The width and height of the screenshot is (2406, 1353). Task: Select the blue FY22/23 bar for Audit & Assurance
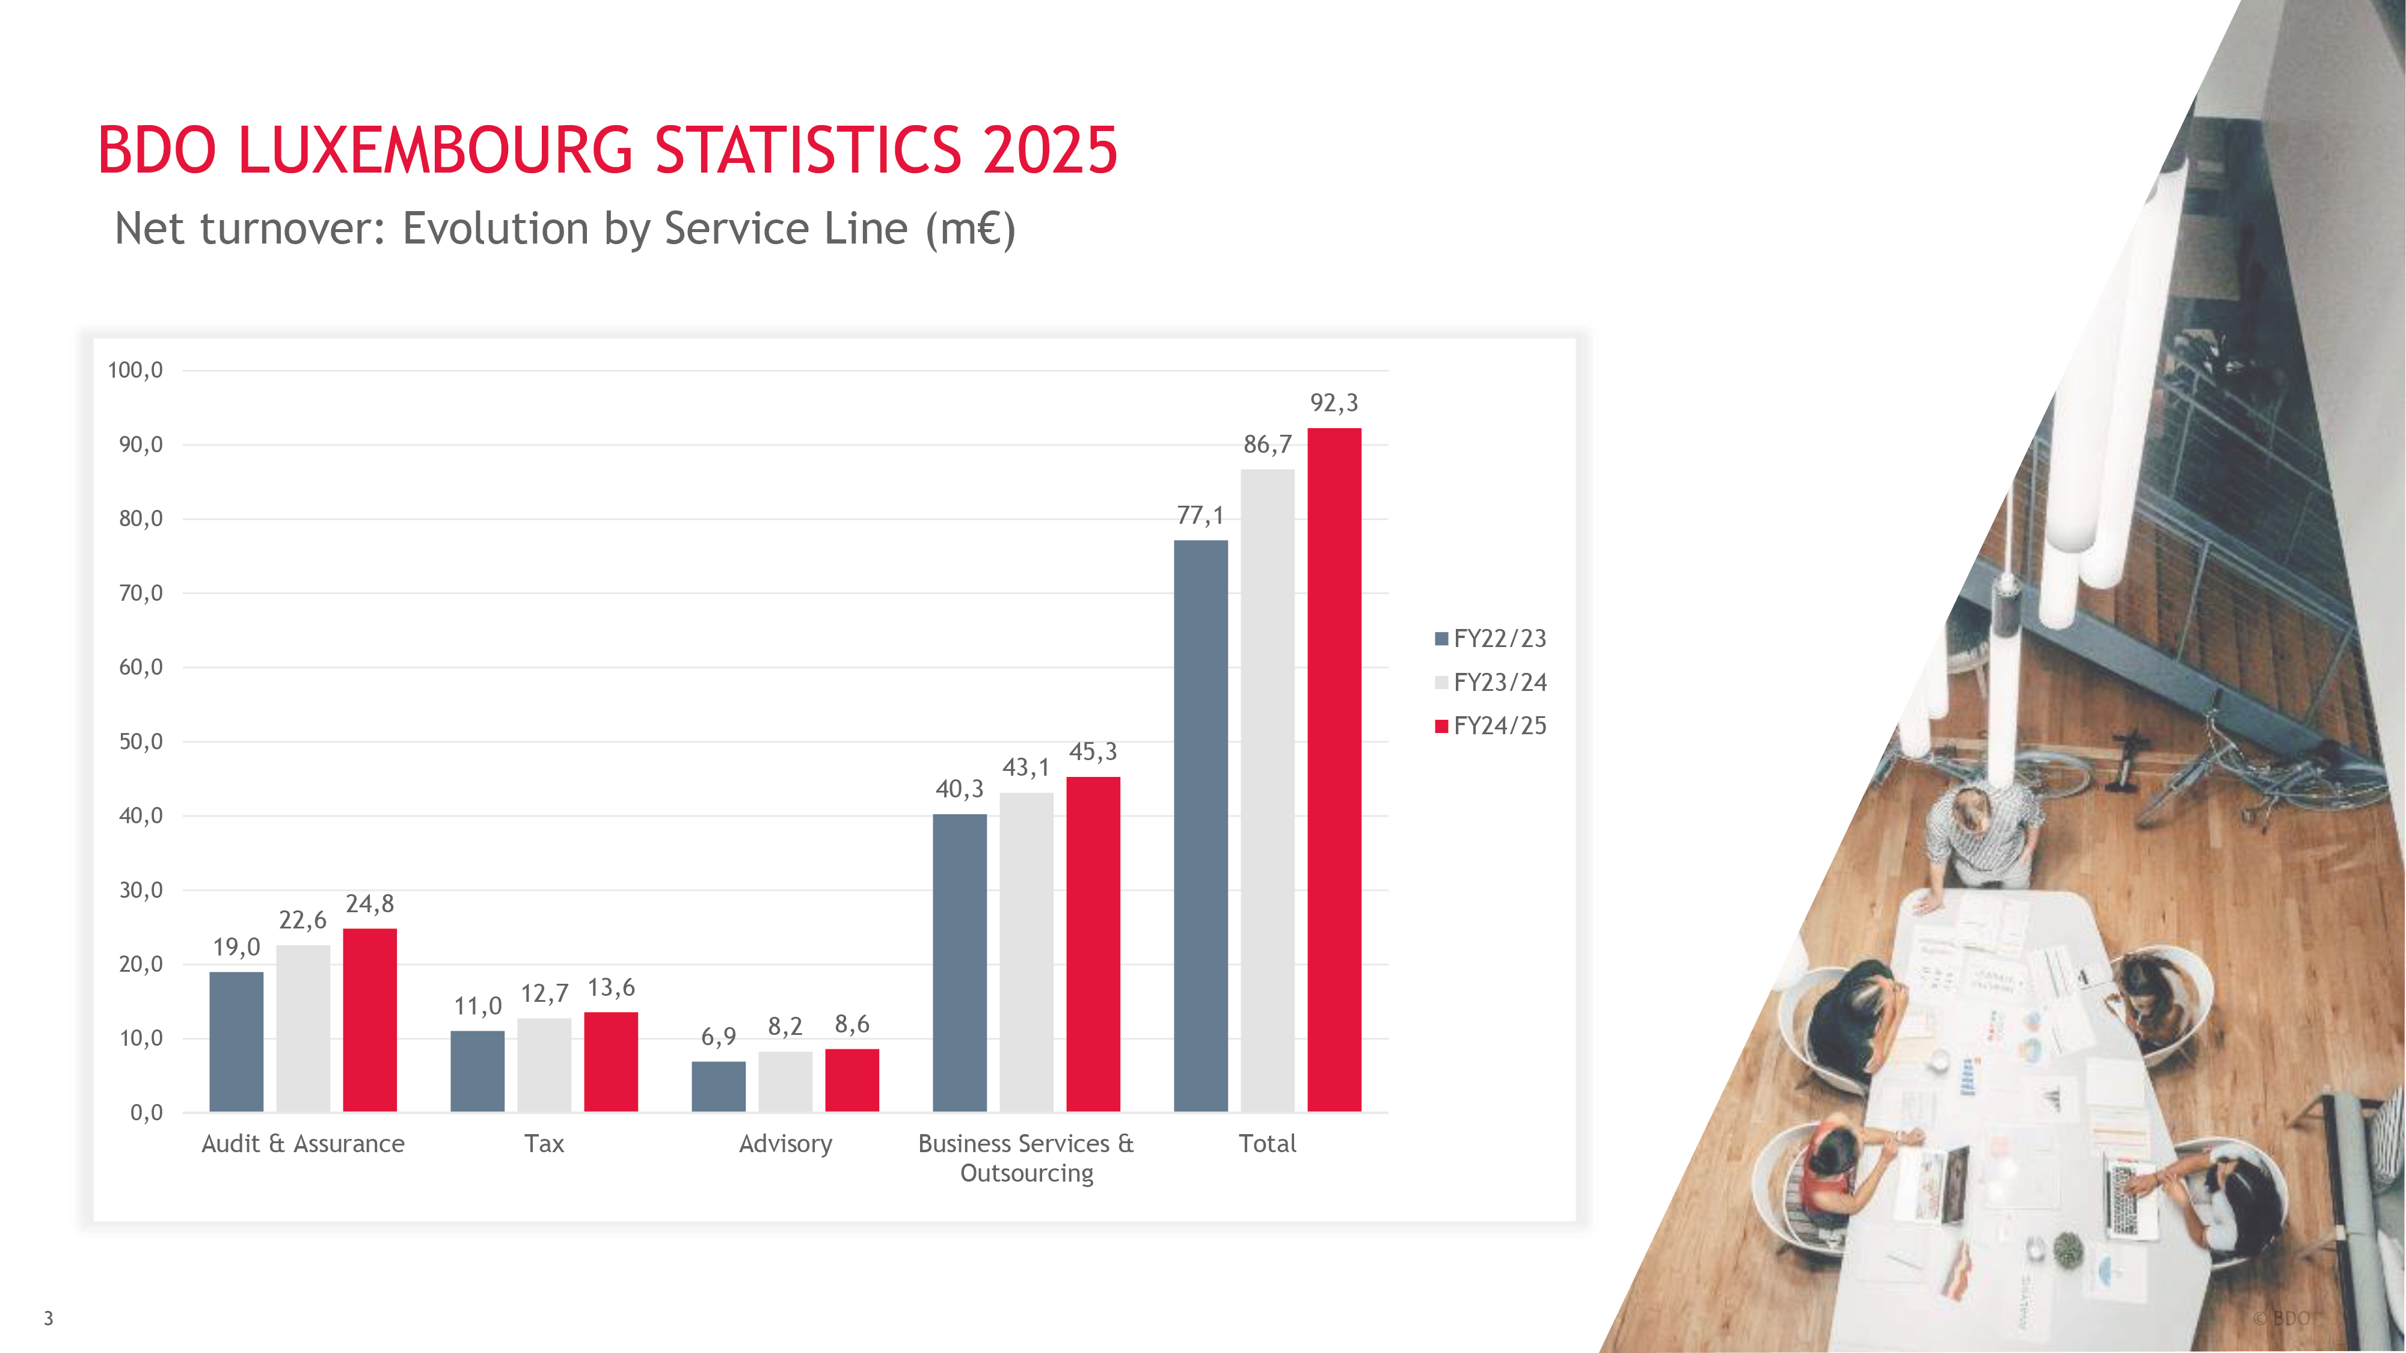(x=236, y=1041)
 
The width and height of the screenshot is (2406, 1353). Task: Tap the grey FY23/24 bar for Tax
(x=545, y=1064)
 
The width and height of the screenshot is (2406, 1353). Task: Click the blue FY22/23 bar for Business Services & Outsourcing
(x=959, y=962)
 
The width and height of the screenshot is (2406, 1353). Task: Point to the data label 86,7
(x=1268, y=444)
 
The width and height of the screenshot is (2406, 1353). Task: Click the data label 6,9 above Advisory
(x=718, y=1037)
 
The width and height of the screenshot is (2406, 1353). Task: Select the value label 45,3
(x=1093, y=752)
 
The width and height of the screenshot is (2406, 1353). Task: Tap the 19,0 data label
(x=236, y=947)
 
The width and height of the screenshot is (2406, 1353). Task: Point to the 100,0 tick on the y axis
(x=135, y=370)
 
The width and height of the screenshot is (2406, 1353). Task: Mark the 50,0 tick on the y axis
(x=140, y=741)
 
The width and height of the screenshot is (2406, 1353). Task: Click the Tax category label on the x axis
(x=545, y=1144)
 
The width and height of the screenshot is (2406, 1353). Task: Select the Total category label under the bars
(x=1268, y=1144)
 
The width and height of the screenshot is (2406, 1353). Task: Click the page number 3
(x=49, y=1319)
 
